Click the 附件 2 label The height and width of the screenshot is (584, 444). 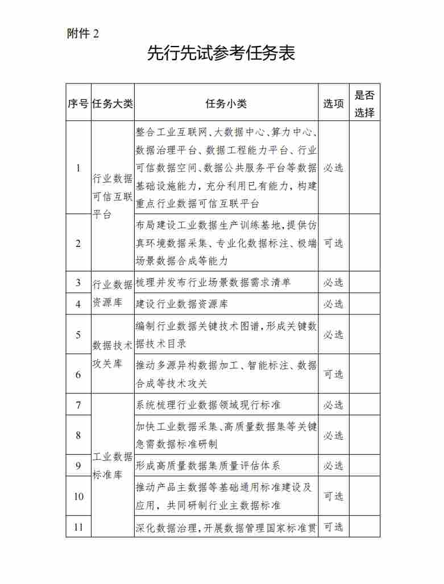coord(83,33)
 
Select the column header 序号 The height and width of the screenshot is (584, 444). coord(78,103)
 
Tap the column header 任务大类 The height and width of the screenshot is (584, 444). coord(113,103)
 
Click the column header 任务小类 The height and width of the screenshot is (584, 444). coord(226,103)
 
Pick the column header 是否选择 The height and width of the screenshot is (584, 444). coord(364,103)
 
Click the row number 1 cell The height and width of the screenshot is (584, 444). coord(78,167)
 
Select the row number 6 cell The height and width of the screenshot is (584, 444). coord(78,374)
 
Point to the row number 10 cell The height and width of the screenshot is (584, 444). coord(78,496)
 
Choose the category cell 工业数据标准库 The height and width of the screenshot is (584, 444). coord(113,465)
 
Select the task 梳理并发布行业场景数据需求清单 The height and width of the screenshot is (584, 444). coord(213,282)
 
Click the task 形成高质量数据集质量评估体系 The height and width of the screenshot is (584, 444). coord(208,465)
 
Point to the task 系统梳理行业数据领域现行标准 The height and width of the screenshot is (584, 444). coord(208,405)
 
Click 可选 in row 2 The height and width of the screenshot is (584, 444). coord(334,243)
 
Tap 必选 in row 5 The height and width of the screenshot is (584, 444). coord(334,334)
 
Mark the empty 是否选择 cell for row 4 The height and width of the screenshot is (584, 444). coord(364,304)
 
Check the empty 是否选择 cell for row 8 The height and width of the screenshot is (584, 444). coord(364,435)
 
